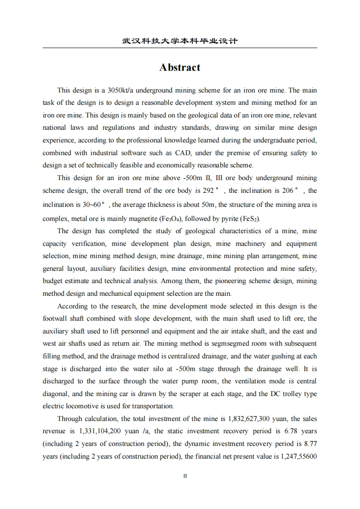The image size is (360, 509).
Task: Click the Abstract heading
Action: [x=180, y=68]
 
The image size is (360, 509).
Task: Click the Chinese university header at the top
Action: [x=180, y=41]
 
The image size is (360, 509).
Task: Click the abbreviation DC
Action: [x=275, y=393]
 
